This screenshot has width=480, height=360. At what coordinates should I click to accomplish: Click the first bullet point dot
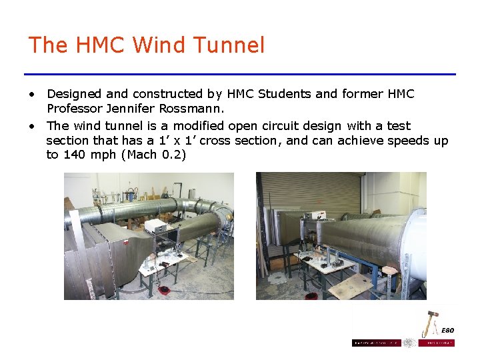click(x=31, y=95)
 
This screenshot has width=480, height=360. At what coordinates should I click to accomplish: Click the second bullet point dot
click(x=31, y=127)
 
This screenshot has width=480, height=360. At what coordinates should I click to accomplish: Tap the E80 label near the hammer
click(x=447, y=331)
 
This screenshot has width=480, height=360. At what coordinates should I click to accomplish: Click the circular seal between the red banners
click(x=409, y=343)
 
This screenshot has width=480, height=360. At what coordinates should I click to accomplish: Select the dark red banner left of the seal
click(x=376, y=343)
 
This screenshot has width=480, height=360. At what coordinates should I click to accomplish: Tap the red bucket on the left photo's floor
click(x=163, y=291)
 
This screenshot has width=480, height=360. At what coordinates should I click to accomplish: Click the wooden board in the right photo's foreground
click(x=349, y=288)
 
